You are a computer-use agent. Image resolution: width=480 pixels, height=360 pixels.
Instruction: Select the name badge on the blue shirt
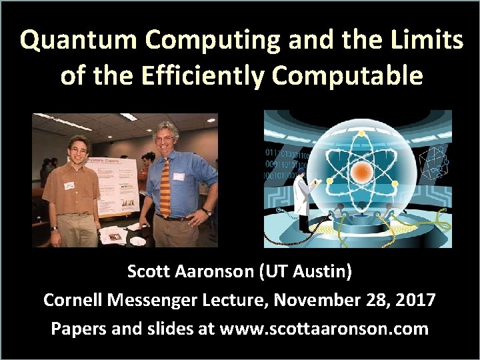coord(179,177)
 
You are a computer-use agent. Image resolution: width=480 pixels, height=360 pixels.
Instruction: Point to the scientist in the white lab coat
coord(303,193)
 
